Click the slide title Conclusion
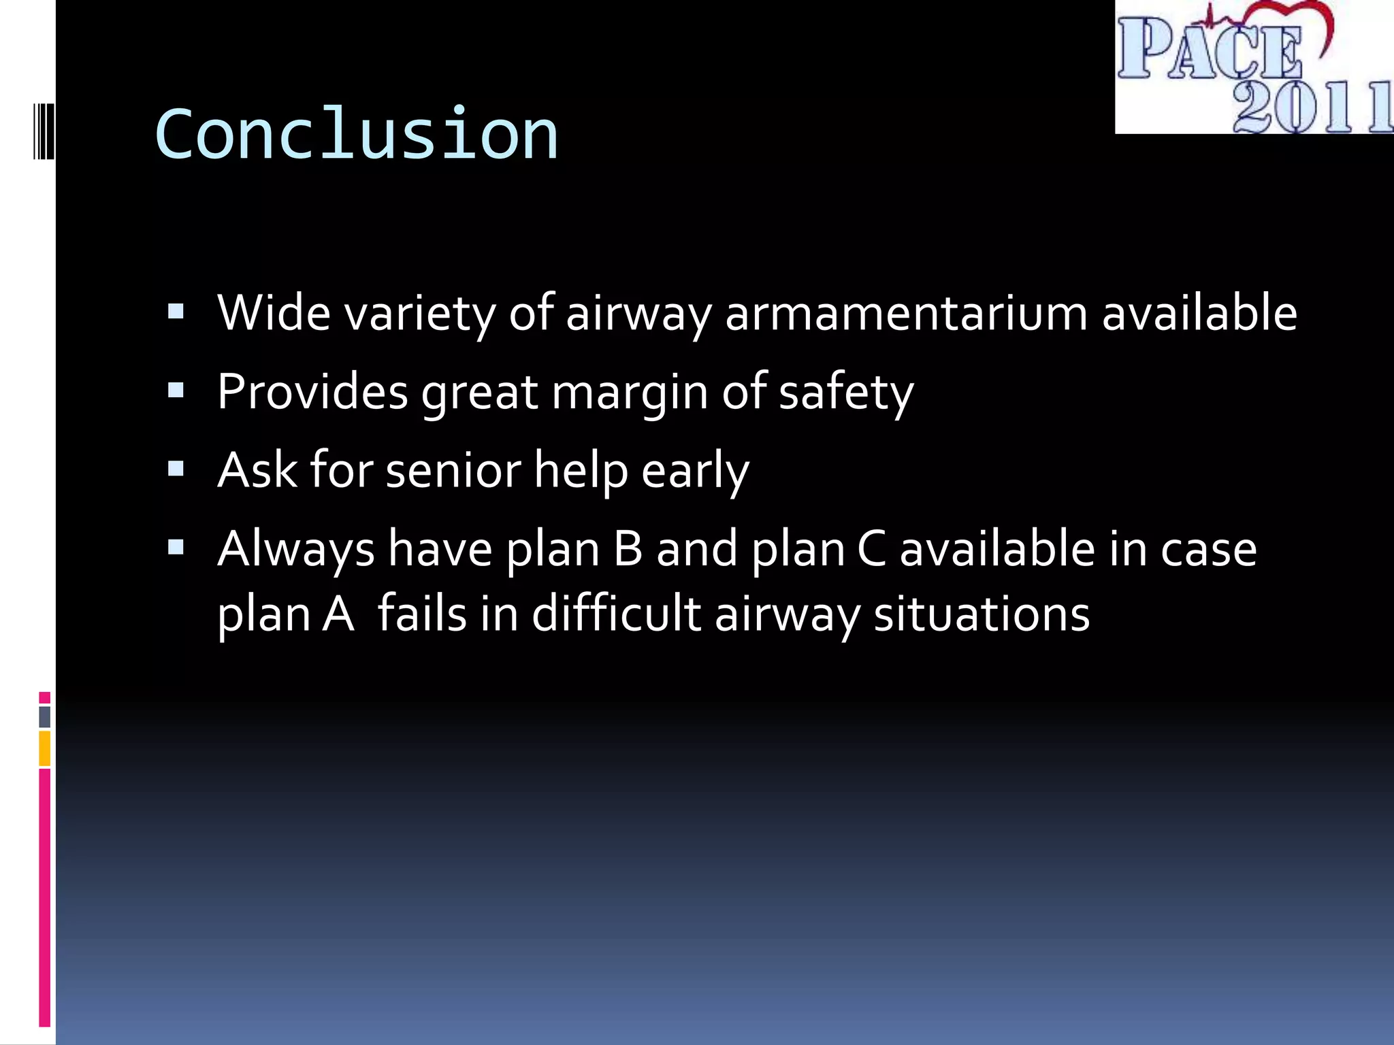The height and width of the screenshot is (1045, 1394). [356, 135]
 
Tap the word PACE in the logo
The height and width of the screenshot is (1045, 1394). [1209, 49]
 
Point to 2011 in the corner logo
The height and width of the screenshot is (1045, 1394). [1310, 107]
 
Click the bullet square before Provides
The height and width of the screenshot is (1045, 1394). [176, 391]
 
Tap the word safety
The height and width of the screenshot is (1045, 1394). [845, 393]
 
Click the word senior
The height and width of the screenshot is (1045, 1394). [453, 470]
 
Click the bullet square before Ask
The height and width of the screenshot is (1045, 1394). [176, 469]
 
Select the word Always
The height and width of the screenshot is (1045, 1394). [296, 550]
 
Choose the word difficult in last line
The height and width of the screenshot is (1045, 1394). [616, 613]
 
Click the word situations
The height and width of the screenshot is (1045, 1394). [982, 613]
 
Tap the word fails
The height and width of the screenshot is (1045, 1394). [422, 613]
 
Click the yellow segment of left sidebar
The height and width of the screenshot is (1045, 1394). [45, 748]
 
